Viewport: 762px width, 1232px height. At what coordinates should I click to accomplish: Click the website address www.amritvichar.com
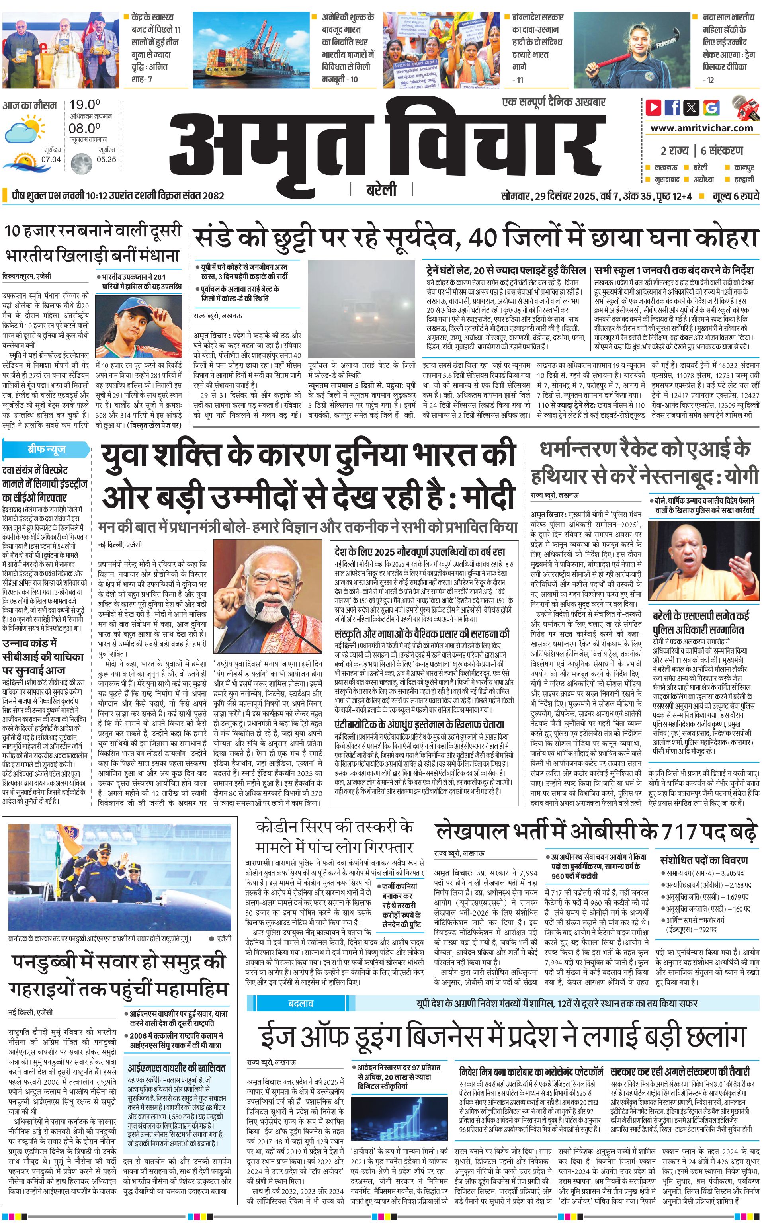point(701,128)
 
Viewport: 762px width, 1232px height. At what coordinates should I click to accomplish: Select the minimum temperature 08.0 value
point(84,129)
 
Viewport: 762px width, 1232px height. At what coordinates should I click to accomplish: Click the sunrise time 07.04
point(51,160)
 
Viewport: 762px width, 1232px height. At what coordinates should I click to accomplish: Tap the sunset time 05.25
point(106,160)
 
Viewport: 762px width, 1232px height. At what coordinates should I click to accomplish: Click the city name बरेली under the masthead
point(381,190)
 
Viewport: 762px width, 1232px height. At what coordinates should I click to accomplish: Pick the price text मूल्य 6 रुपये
point(735,196)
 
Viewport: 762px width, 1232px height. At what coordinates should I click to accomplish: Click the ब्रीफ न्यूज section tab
point(46,449)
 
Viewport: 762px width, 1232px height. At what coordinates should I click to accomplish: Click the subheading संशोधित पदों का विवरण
point(703,860)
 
